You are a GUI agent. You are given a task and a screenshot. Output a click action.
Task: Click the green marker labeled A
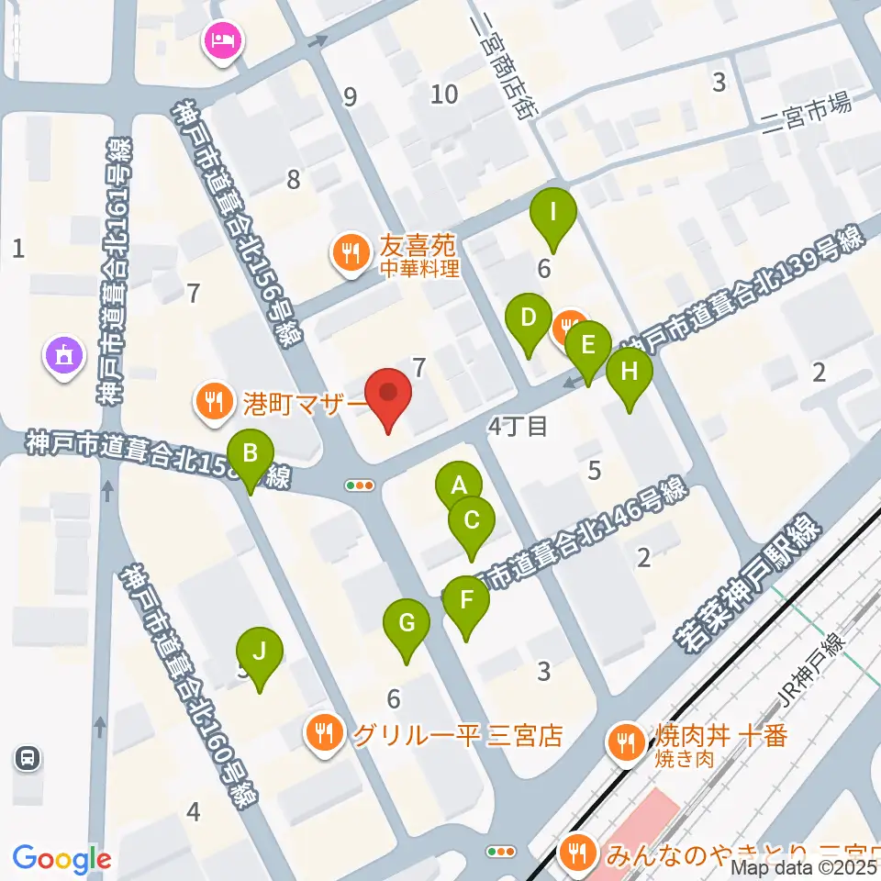click(x=459, y=485)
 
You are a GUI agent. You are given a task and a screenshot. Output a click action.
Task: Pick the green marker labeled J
click(x=260, y=653)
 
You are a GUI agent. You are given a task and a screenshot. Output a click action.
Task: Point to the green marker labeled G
click(x=407, y=626)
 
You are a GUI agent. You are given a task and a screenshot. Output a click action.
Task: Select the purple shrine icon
click(x=63, y=355)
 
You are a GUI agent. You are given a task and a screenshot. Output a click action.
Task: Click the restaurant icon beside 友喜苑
click(x=350, y=252)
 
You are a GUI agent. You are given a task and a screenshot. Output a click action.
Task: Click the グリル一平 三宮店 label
click(x=456, y=736)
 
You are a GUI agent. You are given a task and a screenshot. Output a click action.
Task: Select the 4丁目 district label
click(x=518, y=426)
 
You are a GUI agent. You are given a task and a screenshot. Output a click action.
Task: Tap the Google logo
click(x=61, y=859)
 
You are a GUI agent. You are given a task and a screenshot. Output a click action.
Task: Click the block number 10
click(x=444, y=94)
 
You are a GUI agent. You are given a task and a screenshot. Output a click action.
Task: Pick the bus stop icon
click(x=28, y=757)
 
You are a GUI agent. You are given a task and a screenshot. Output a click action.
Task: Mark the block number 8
click(x=294, y=180)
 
